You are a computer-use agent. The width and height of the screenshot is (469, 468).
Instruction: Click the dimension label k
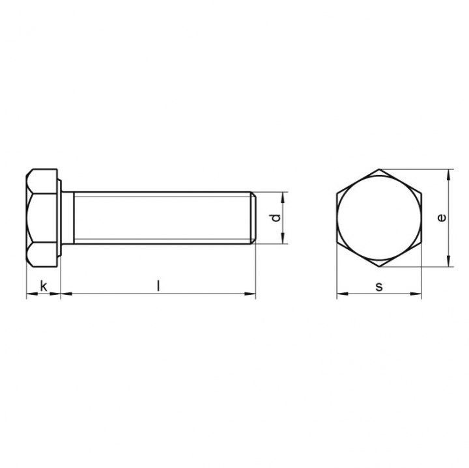(44, 286)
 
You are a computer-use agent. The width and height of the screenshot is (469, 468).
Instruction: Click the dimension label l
(158, 286)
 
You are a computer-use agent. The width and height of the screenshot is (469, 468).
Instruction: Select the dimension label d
(276, 218)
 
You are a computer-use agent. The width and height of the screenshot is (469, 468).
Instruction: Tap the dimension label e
(442, 218)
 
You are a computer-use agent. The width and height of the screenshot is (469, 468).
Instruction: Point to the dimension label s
(379, 287)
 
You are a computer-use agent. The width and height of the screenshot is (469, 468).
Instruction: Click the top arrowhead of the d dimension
(283, 197)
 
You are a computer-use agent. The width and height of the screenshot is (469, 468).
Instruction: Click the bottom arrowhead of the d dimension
(283, 238)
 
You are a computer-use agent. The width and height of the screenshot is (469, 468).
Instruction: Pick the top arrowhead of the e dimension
(448, 175)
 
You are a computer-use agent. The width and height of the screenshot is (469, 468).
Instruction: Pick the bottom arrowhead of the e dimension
(448, 261)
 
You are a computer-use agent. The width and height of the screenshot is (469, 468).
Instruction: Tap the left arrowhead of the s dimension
(343, 294)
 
